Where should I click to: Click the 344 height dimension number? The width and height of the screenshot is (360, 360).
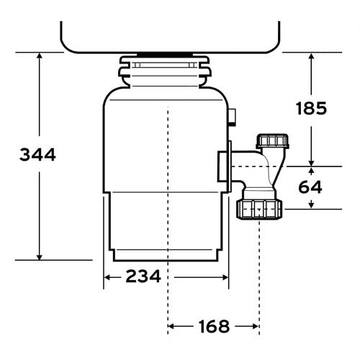[x=37, y=155]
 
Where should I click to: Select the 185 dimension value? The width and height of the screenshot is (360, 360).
[x=311, y=108]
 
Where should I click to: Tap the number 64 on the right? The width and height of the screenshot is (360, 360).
[x=310, y=187]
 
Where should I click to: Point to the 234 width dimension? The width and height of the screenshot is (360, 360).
[x=143, y=276]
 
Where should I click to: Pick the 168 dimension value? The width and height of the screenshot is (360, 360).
[x=214, y=326]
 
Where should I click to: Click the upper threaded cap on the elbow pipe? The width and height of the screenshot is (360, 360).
[x=272, y=141]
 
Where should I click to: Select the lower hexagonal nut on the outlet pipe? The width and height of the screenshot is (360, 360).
[x=259, y=210]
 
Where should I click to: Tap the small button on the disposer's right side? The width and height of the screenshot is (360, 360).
[x=232, y=117]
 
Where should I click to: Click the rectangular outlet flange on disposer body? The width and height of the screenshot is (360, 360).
[x=225, y=166]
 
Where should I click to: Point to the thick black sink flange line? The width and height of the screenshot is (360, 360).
[x=165, y=55]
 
